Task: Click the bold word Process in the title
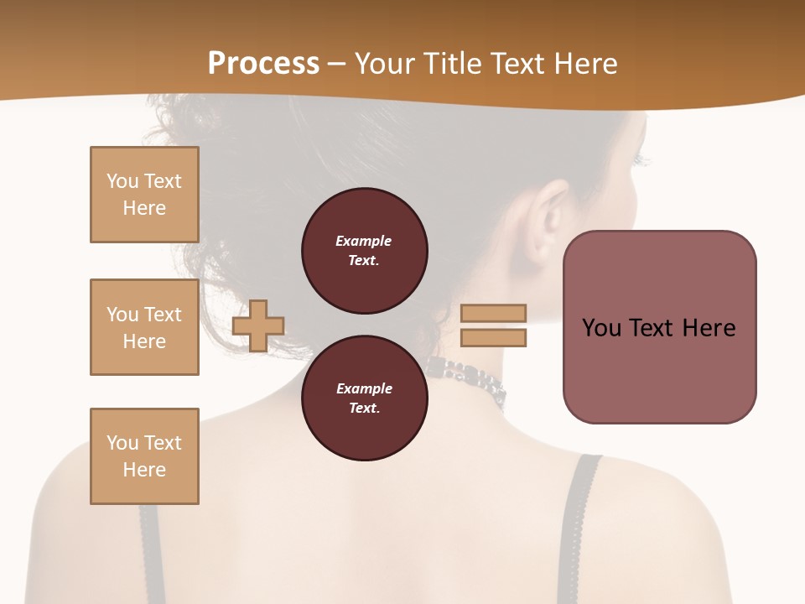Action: pyautogui.click(x=263, y=64)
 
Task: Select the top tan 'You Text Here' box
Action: pyautogui.click(x=144, y=195)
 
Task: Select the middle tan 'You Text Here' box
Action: pyautogui.click(x=144, y=327)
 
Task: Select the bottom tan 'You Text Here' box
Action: pyautogui.click(x=144, y=456)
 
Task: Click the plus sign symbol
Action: pyautogui.click(x=258, y=325)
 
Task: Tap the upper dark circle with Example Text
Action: pyautogui.click(x=364, y=250)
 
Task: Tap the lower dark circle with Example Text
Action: pyautogui.click(x=364, y=398)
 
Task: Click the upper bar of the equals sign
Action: pyautogui.click(x=493, y=313)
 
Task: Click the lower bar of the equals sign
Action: pyautogui.click(x=493, y=338)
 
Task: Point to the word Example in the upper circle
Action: pyautogui.click(x=363, y=241)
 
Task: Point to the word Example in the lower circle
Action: pyautogui.click(x=364, y=388)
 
